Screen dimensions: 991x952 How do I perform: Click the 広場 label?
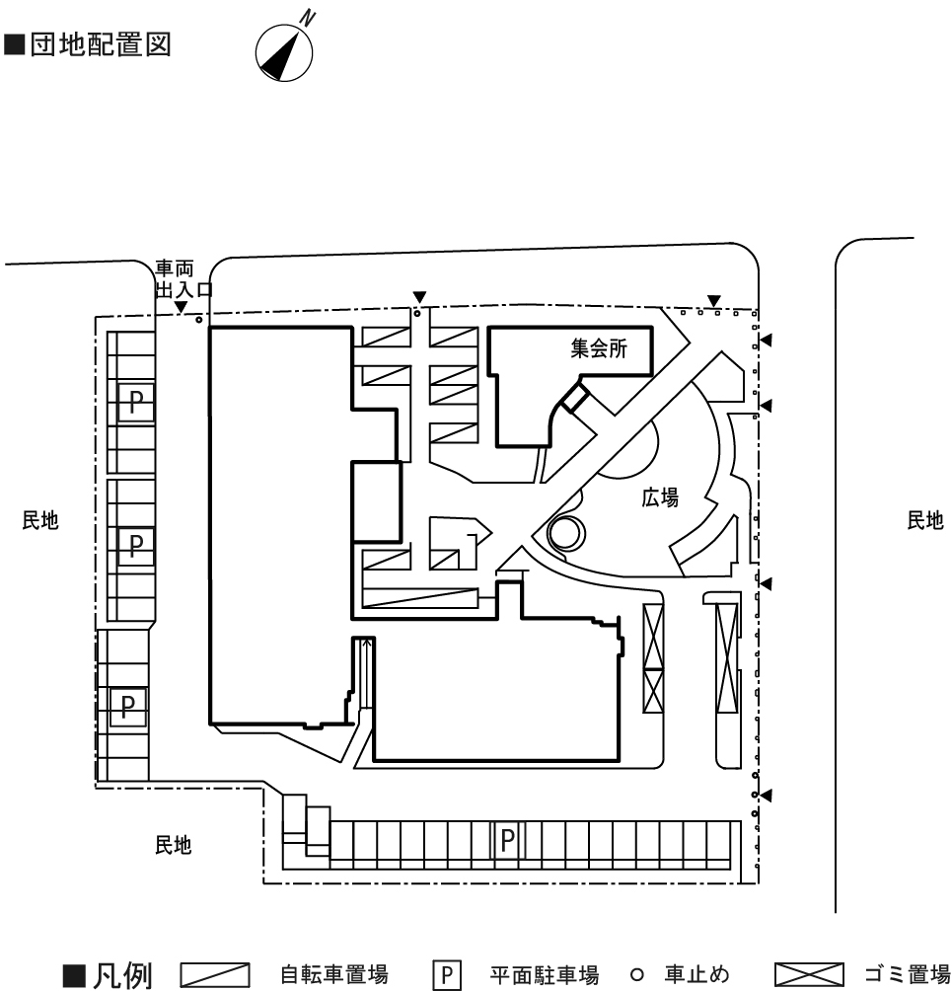tap(660, 498)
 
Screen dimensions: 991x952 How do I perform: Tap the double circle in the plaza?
tap(566, 534)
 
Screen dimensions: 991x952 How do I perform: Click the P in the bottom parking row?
tap(507, 839)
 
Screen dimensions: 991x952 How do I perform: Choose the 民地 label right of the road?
tap(924, 521)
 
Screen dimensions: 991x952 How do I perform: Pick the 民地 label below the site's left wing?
tap(173, 844)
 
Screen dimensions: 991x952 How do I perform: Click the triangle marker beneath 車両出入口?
tap(181, 308)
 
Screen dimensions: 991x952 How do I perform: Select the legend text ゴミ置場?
tap(908, 977)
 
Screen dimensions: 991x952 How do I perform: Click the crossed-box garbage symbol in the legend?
tap(810, 977)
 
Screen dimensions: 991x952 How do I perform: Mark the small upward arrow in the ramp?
tap(368, 645)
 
